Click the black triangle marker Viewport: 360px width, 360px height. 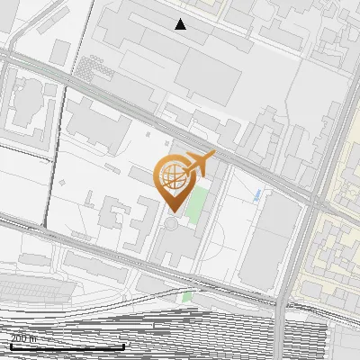click(x=181, y=24)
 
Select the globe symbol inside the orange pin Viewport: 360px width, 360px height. click(x=174, y=177)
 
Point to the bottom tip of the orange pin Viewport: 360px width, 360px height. click(x=173, y=210)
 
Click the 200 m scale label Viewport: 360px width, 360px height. click(x=23, y=338)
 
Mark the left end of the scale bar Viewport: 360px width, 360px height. click(x=11, y=346)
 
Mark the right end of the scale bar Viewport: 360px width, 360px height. click(x=124, y=346)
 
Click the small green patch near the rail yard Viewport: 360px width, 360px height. click(x=187, y=296)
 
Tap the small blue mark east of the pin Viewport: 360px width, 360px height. click(x=258, y=194)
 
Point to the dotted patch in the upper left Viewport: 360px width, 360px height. click(x=87, y=67)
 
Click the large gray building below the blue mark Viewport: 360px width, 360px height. click(x=270, y=238)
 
